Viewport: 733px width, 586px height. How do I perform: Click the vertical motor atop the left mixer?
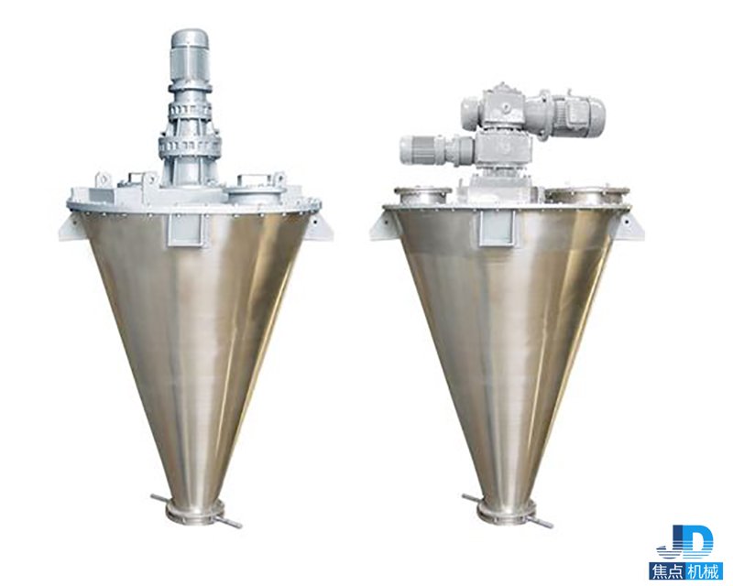coord(190,56)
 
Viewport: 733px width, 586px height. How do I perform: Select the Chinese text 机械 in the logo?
coord(702,572)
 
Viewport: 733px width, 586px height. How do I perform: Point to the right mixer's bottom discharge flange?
coord(506,512)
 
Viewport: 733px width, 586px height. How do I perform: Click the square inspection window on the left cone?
coord(184,230)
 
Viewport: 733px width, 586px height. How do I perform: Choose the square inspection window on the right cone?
coord(496,227)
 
